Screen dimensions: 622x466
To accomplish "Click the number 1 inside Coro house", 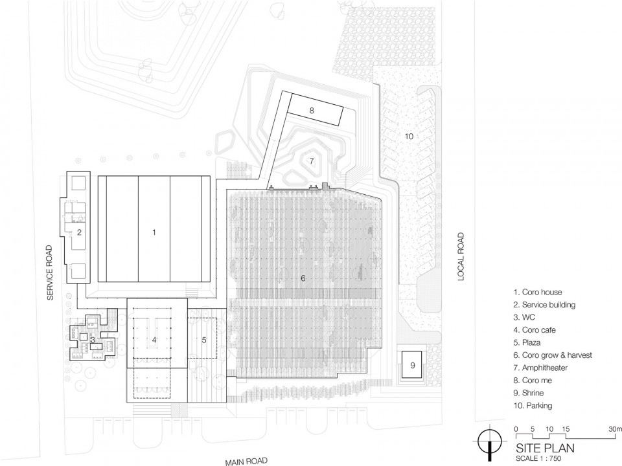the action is click(x=154, y=232).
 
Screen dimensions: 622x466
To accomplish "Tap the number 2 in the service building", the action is click(x=79, y=232).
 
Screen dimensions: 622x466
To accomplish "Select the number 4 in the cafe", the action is click(x=154, y=340).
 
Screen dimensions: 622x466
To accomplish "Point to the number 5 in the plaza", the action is click(x=204, y=340).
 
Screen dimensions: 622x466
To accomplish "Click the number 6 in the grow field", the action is click(x=303, y=278).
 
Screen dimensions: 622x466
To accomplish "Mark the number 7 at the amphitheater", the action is click(x=312, y=161).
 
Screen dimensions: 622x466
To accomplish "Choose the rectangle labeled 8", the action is click(x=316, y=110).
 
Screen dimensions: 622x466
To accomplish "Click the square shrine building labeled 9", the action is click(x=412, y=364).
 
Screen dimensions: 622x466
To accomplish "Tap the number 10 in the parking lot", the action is click(x=409, y=137).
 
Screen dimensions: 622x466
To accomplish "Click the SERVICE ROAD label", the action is click(x=50, y=272).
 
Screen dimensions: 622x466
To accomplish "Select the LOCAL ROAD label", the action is click(x=461, y=257).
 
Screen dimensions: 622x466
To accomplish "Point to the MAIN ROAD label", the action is click(x=246, y=461).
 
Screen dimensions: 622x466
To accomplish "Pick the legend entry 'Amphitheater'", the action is click(x=540, y=368).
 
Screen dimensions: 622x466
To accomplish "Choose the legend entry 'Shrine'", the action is click(x=529, y=393).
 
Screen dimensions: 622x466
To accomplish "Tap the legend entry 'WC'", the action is click(x=524, y=317).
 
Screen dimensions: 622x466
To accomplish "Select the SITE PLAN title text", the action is click(x=545, y=448).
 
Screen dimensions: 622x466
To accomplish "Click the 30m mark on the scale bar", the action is click(x=615, y=429).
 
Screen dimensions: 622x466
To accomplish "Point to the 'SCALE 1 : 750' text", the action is click(x=538, y=458).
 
